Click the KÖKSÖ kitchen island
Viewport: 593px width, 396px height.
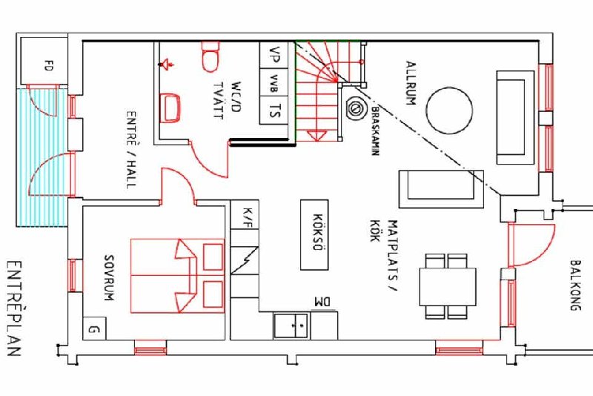[x=314, y=235]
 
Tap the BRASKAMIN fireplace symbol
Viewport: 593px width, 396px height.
[x=356, y=108]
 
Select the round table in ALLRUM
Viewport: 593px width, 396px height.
[x=449, y=110]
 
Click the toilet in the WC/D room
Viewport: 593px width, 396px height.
[x=211, y=56]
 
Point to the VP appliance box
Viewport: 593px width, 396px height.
[x=274, y=55]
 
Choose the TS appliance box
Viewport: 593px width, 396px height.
[x=274, y=110]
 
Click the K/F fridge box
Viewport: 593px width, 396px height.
[x=245, y=214]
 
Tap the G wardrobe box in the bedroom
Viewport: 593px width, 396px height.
[x=94, y=329]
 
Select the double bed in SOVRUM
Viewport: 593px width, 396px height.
[x=177, y=276]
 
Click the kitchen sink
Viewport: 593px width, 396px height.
[x=291, y=326]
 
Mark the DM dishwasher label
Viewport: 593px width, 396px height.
[x=322, y=303]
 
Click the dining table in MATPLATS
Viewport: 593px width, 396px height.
[x=448, y=287]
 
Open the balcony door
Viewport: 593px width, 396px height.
[x=531, y=245]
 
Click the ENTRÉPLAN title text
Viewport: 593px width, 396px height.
[x=13, y=308]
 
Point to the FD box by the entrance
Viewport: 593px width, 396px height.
[x=44, y=61]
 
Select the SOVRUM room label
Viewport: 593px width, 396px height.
[x=109, y=278]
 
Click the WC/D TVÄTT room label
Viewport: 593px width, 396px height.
[x=227, y=100]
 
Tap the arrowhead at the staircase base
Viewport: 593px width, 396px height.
[x=317, y=136]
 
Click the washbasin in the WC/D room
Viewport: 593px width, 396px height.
[x=170, y=108]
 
